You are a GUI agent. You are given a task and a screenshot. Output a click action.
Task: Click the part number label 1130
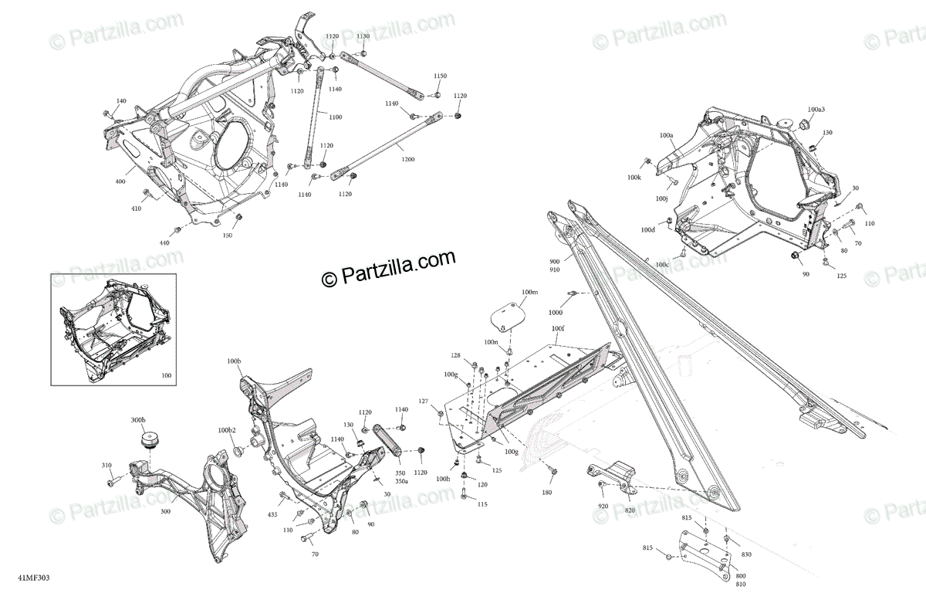coord(363,36)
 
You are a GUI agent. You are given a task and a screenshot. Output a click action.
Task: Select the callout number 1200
coord(407,159)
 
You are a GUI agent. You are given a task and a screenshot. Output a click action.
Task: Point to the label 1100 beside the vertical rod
coord(335,117)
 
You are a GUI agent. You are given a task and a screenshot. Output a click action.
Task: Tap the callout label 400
coord(120,181)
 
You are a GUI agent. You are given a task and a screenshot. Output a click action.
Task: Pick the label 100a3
coord(816,110)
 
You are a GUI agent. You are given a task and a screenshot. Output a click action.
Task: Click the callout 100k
coord(634,178)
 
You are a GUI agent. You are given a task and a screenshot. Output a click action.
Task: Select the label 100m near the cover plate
coord(529,293)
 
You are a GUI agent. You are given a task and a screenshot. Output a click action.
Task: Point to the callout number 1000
coord(556,313)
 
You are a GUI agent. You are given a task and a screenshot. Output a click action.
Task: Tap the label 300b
coord(137,419)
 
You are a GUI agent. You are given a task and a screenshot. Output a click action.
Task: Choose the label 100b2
coord(227,430)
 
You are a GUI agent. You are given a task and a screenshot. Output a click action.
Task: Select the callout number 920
coord(603,506)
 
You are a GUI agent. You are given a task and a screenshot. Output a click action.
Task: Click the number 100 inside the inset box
coord(167,376)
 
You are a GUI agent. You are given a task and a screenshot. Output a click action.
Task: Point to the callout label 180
coord(546,492)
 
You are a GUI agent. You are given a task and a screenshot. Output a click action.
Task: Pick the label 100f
coord(558,328)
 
